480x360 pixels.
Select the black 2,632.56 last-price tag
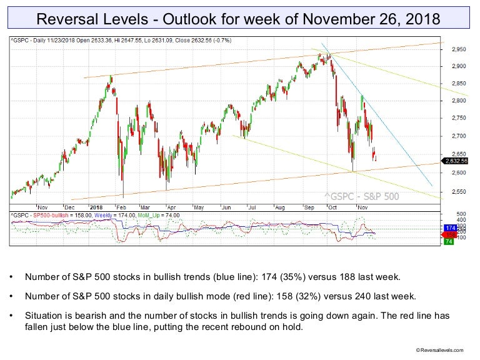tap(456, 161)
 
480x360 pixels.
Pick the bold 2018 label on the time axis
tap(96, 206)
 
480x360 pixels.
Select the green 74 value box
tap(447, 241)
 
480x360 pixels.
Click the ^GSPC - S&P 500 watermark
tap(361, 196)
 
